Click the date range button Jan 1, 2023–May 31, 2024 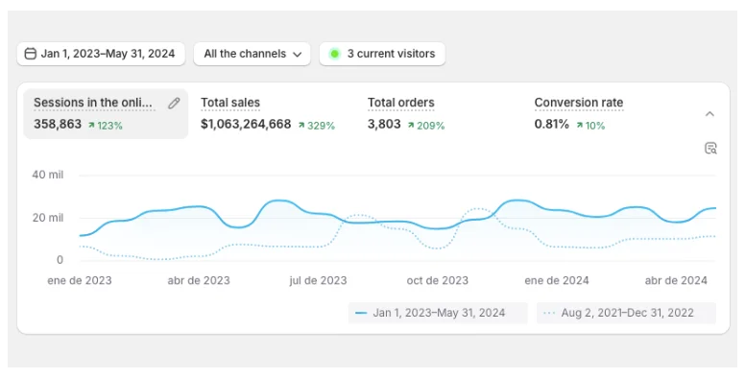[101, 54]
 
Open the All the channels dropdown [252, 54]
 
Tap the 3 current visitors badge [382, 54]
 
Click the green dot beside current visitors [334, 54]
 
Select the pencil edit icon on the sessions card [174, 104]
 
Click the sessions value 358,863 [58, 125]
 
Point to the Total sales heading [230, 103]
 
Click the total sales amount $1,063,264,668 [246, 125]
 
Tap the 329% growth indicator [316, 126]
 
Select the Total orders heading [400, 103]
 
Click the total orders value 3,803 [384, 125]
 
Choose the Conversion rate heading [578, 103]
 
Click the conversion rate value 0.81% [552, 125]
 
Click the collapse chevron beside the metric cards [709, 114]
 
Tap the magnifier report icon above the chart [710, 148]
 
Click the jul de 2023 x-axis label [318, 280]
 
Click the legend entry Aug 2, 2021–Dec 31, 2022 [627, 313]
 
